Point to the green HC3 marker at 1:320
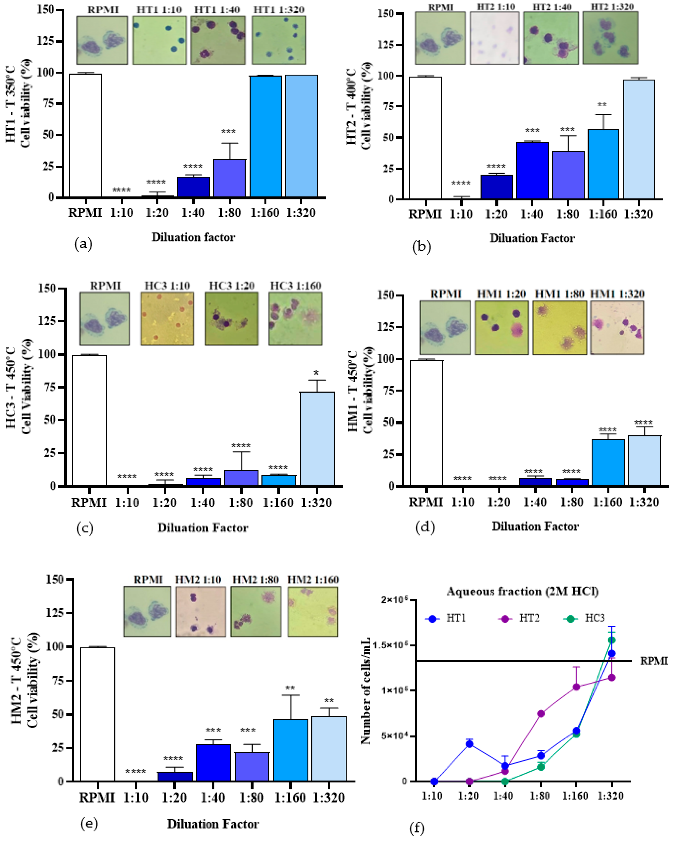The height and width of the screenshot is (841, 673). tap(612, 640)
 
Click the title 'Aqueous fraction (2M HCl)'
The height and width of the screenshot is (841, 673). tap(522, 591)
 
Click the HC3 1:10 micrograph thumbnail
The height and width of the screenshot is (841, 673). tap(167, 319)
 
